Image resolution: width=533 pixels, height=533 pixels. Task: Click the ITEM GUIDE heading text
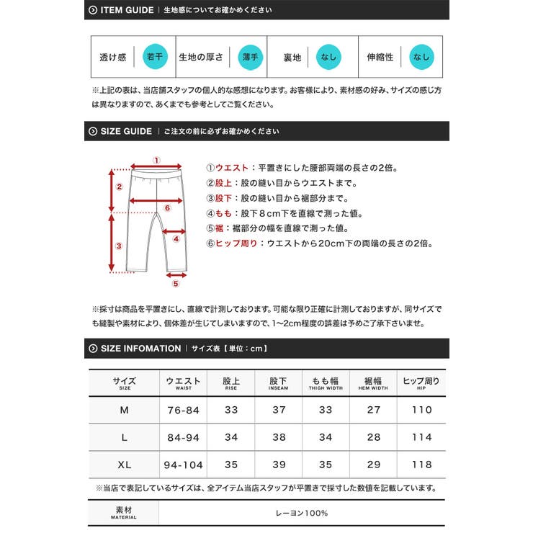click(x=126, y=10)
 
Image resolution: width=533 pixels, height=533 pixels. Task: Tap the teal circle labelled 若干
click(x=155, y=57)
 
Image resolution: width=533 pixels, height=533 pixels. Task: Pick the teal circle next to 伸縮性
click(x=421, y=57)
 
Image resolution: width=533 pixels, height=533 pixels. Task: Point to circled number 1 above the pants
click(x=156, y=161)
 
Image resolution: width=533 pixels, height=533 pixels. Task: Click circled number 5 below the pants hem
click(x=175, y=284)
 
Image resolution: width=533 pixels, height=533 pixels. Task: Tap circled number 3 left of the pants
click(x=120, y=246)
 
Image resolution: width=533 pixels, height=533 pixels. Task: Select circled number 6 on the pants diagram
click(x=167, y=208)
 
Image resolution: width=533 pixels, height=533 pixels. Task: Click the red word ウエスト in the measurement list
click(x=234, y=169)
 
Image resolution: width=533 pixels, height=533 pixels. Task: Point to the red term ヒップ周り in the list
click(x=238, y=243)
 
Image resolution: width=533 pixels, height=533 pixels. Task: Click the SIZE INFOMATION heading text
click(x=140, y=349)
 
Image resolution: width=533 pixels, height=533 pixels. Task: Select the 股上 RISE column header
click(x=231, y=382)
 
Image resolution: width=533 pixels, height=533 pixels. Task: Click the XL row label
click(x=124, y=465)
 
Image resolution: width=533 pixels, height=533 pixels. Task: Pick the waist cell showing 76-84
click(x=183, y=410)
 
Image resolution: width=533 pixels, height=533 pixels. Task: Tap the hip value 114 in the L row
click(x=421, y=437)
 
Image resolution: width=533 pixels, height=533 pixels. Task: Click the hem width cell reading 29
click(x=373, y=465)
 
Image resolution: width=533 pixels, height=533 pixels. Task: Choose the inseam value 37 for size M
click(x=278, y=410)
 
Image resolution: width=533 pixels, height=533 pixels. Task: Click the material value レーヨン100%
click(x=302, y=513)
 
